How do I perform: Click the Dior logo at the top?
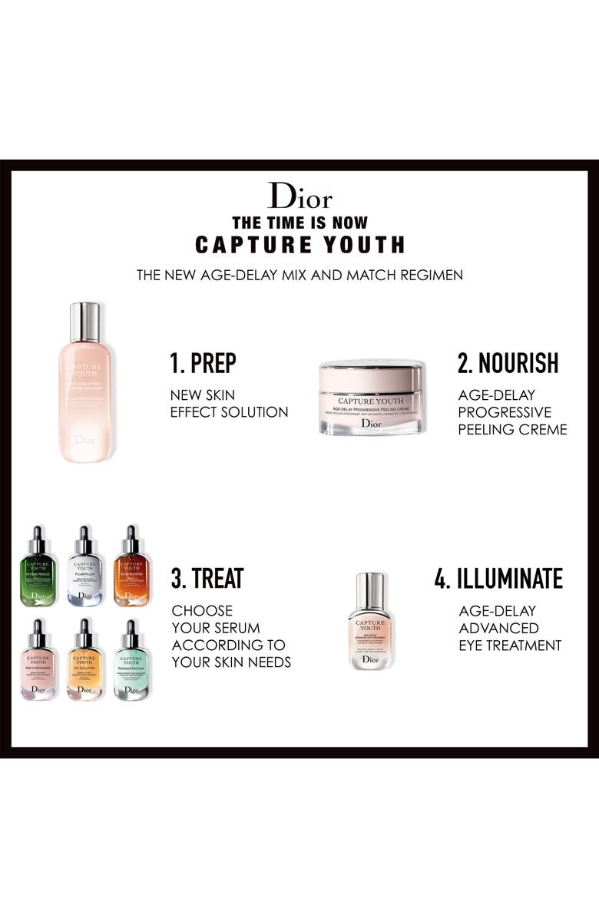(299, 196)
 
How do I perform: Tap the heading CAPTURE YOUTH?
(299, 244)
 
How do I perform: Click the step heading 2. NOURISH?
(508, 363)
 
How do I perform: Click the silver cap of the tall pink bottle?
(84, 322)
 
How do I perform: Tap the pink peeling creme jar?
(371, 398)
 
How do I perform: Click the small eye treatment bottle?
(371, 622)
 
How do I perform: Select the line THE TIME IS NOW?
(299, 223)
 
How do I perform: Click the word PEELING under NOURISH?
(485, 430)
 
